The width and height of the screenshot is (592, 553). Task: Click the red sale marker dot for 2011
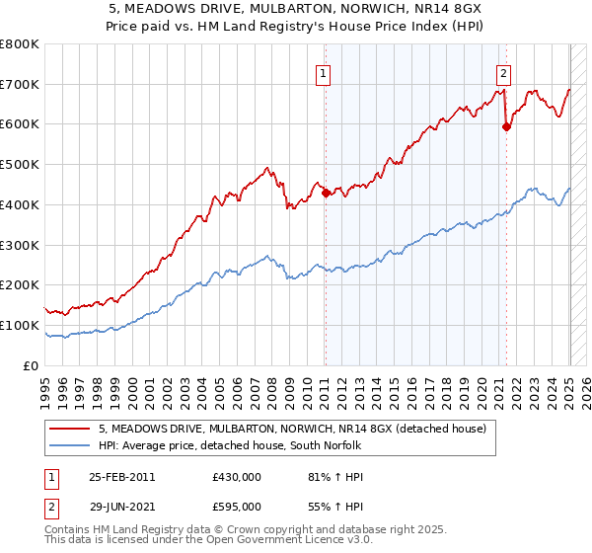point(326,194)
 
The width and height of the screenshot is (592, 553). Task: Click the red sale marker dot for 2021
point(506,126)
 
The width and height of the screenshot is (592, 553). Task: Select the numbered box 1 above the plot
point(324,71)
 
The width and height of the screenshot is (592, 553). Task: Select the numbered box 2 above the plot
point(504,71)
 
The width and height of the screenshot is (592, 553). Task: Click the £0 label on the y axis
point(32,365)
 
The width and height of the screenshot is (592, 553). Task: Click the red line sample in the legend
point(69,430)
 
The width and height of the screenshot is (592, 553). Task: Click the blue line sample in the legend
point(69,446)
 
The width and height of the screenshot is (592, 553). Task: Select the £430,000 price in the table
point(237,477)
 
